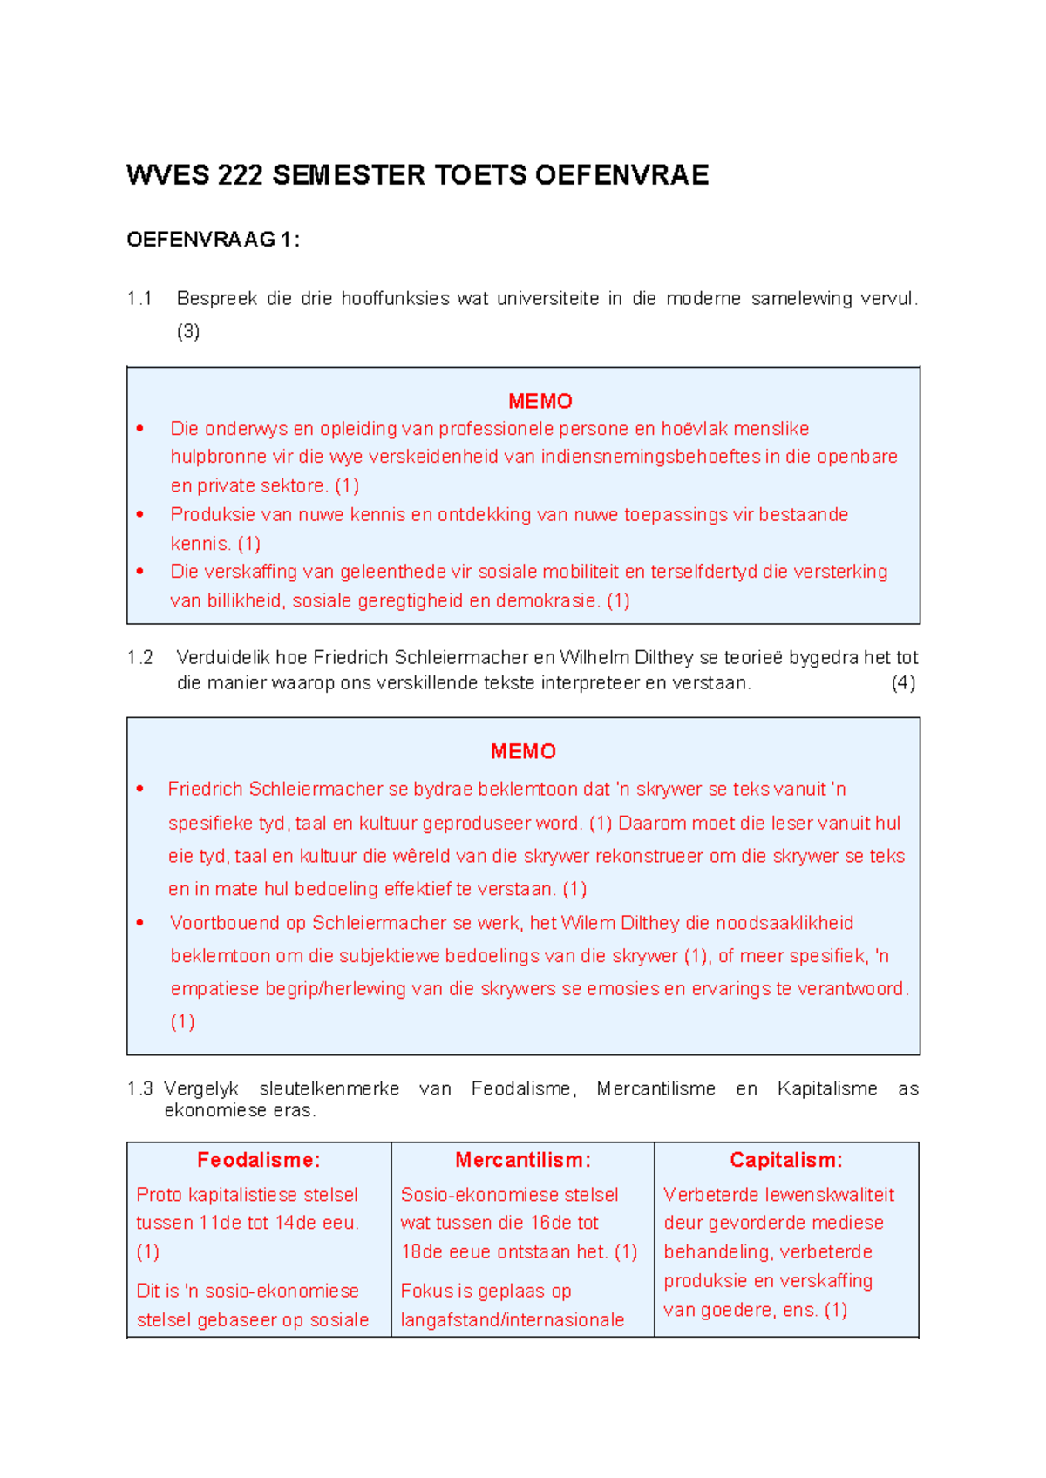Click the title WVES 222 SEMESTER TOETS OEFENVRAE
[x=417, y=175]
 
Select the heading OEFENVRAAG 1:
[x=213, y=240]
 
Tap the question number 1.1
[x=139, y=299]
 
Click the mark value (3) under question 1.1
[x=188, y=331]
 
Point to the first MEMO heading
[x=540, y=401]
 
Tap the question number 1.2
[x=139, y=658]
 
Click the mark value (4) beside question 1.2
[x=902, y=683]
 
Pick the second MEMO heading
[x=523, y=751]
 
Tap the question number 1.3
[x=139, y=1089]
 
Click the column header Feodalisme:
[x=259, y=1160]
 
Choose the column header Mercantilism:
[x=523, y=1160]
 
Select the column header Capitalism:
[x=786, y=1160]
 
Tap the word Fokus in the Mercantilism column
[x=426, y=1291]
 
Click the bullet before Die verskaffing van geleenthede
[x=140, y=572]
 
